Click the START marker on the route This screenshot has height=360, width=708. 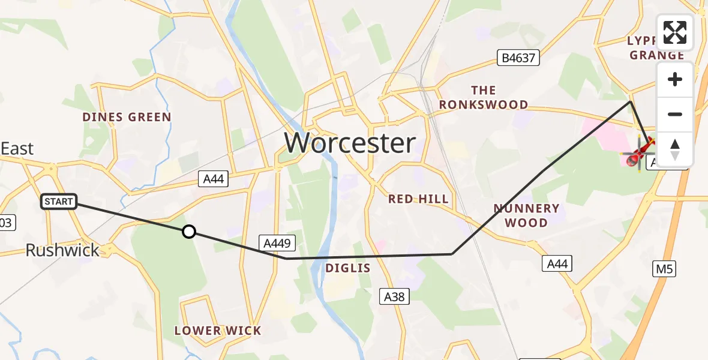click(x=59, y=202)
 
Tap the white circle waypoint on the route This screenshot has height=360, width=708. click(x=189, y=232)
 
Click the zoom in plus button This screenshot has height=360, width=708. click(x=675, y=80)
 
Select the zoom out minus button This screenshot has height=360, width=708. click(x=675, y=114)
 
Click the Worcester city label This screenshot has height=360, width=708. click(x=350, y=143)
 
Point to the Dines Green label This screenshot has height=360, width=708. click(x=127, y=117)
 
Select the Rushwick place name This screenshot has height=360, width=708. click(x=62, y=250)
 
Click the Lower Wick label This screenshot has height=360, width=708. click(x=218, y=331)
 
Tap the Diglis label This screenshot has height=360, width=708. click(x=348, y=268)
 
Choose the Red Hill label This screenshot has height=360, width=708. click(x=418, y=199)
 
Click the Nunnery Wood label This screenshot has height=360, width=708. click(x=526, y=215)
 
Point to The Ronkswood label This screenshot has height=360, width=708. click(x=483, y=98)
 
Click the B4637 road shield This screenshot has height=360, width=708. click(x=519, y=58)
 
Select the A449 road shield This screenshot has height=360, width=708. click(x=277, y=242)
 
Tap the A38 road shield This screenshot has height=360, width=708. click(x=395, y=295)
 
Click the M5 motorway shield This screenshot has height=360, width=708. click(x=664, y=269)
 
